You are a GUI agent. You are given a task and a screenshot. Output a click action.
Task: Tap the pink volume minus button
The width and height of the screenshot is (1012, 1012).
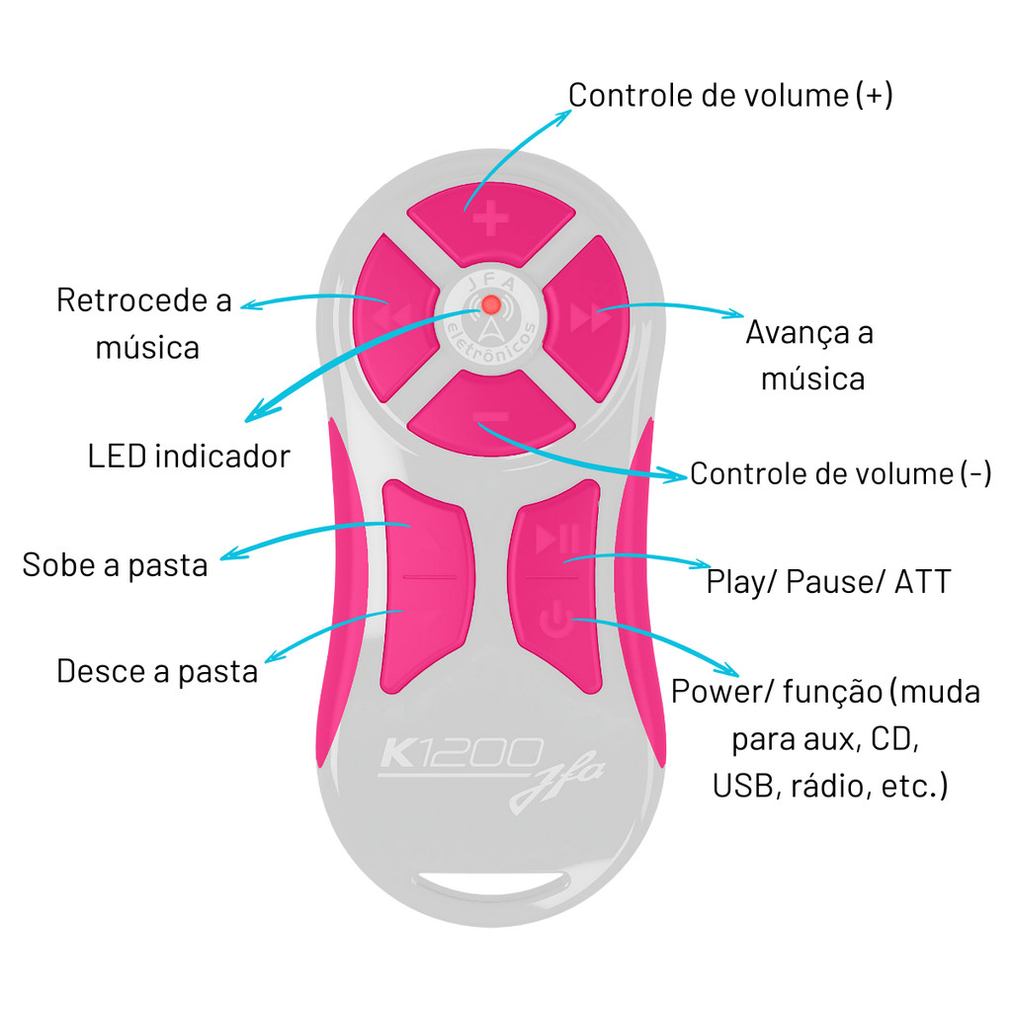coord(491,413)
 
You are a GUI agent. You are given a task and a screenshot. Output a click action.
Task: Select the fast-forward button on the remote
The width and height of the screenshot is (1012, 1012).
coord(585,317)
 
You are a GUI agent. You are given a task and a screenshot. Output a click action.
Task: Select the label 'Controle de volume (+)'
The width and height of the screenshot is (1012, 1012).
coord(730,95)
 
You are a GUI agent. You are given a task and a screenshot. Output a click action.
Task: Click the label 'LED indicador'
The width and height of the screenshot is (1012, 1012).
coord(189,456)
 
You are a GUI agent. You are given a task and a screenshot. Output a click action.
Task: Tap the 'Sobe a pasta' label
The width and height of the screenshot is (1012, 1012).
coord(115,564)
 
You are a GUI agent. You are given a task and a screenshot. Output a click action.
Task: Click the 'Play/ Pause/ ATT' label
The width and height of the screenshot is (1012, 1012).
coord(828,581)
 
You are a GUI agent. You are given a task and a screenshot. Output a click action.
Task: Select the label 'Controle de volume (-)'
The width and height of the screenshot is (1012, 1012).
coord(840,473)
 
